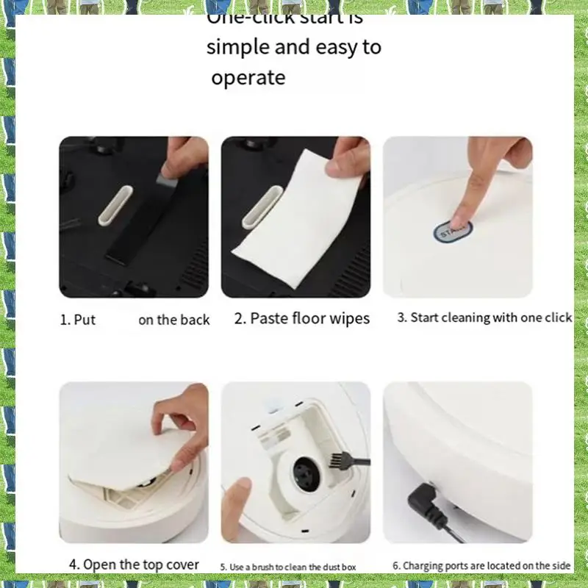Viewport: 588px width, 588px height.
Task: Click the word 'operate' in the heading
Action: pos(248,78)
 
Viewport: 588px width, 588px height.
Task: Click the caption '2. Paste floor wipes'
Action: pos(302,319)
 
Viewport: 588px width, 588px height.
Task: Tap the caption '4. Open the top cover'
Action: pos(134,564)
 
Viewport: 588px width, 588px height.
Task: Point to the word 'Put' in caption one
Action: pos(85,320)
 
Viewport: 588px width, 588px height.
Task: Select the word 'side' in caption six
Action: pos(559,565)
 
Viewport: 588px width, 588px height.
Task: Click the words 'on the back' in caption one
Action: pos(174,320)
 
